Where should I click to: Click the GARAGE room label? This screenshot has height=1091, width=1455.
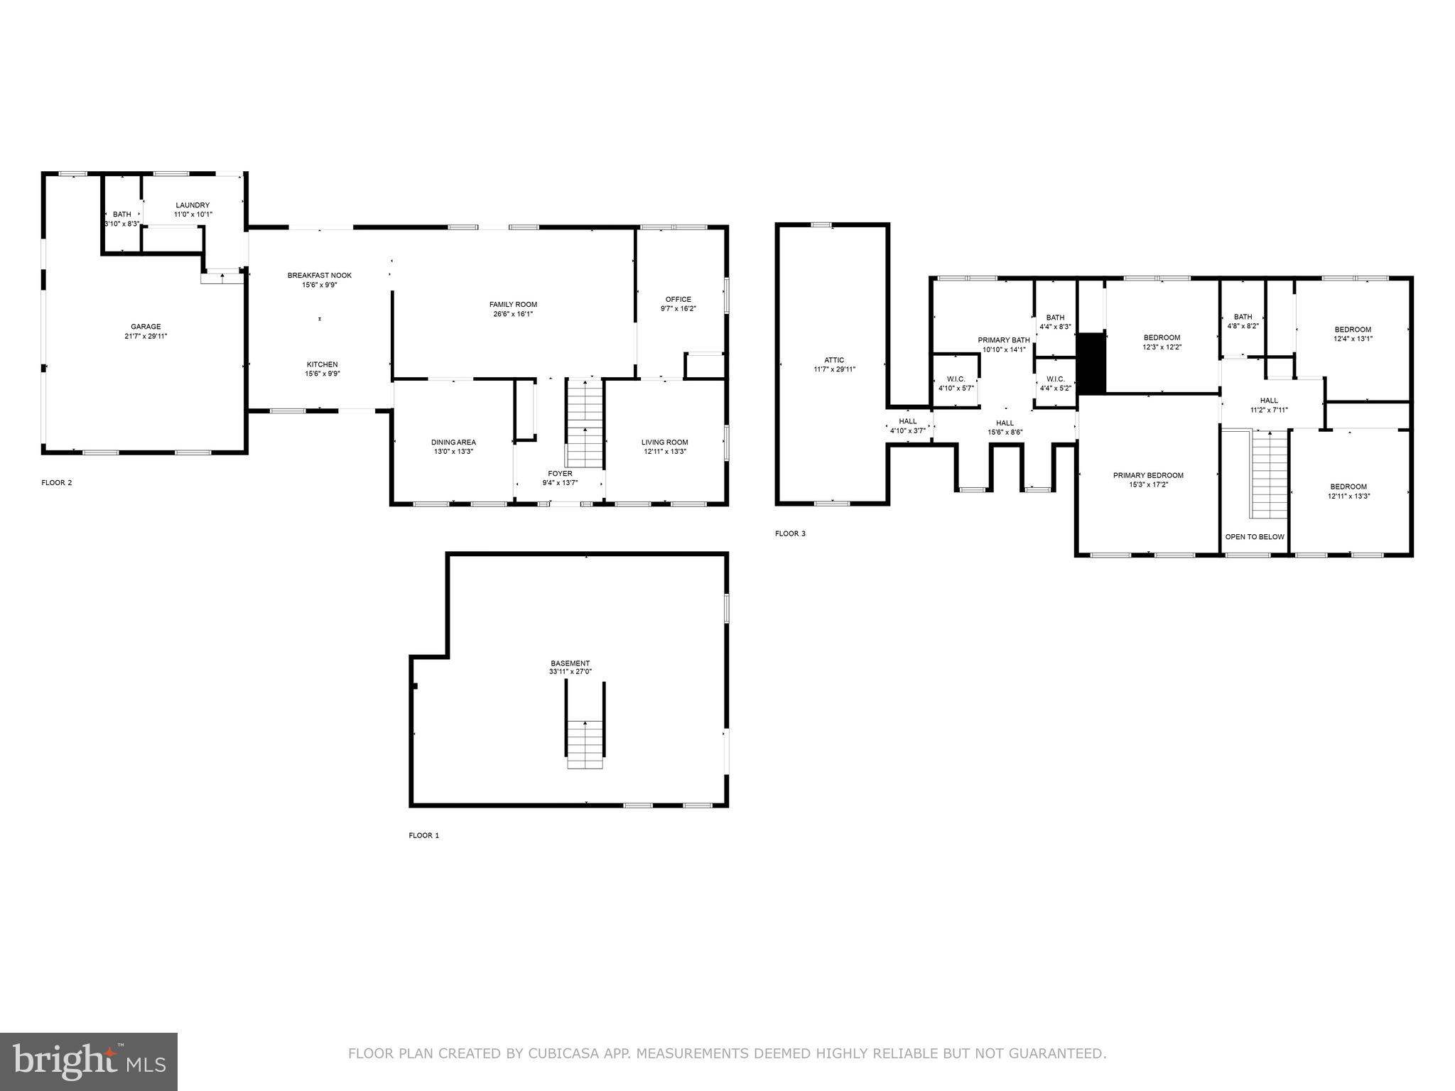(x=145, y=327)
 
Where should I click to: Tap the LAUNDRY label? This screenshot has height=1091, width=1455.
(x=193, y=205)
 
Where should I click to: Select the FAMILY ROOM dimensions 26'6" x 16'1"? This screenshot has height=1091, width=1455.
(x=513, y=314)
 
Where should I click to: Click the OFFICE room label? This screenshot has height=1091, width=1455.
(x=678, y=299)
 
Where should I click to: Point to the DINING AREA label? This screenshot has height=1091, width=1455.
(x=453, y=442)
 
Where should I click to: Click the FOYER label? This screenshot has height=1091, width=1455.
(x=560, y=474)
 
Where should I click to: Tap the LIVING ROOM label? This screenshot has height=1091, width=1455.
(x=664, y=442)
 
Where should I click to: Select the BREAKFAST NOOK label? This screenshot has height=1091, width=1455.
(x=319, y=276)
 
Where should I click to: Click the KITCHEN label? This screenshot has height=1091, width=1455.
(x=322, y=364)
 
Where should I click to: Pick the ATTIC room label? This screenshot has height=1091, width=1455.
(x=834, y=360)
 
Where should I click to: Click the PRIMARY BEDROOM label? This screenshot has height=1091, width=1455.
(x=1148, y=475)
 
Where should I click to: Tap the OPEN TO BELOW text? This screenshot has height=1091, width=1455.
(x=1255, y=537)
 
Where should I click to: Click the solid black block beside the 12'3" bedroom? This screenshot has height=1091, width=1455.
(x=1091, y=363)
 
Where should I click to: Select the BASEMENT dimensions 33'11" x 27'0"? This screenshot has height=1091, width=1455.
(x=570, y=672)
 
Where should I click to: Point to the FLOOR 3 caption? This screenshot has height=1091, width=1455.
(x=790, y=533)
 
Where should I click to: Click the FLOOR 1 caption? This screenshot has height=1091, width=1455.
(x=423, y=835)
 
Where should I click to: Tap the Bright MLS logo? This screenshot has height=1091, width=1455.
(x=89, y=1062)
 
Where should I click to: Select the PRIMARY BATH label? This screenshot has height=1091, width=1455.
(x=1003, y=340)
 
